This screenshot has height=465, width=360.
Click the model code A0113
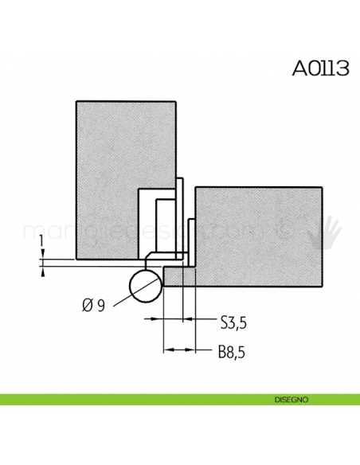320,68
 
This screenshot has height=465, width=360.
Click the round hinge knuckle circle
145,285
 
